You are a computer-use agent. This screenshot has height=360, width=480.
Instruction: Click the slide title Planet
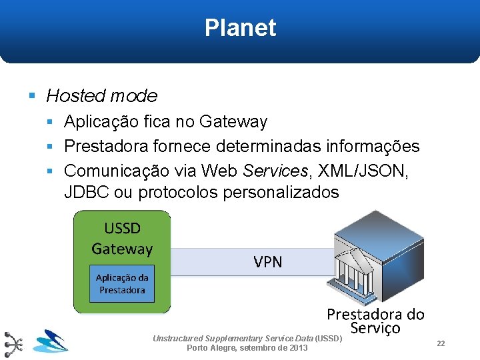point(240,28)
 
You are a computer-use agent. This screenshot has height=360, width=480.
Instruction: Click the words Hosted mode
point(101,96)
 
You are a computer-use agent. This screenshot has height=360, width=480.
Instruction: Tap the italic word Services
point(275,171)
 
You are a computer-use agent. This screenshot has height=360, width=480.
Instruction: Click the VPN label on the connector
point(267,262)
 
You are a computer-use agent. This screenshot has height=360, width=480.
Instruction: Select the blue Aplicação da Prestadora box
point(122,284)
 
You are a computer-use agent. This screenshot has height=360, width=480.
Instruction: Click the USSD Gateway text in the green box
point(122,239)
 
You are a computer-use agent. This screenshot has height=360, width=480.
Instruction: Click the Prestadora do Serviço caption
point(375,321)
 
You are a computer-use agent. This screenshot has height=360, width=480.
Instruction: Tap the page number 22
point(441,343)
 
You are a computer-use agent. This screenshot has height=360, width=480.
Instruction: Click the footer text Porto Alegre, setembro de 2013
point(247,348)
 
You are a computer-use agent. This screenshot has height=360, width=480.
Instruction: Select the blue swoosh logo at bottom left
point(51,341)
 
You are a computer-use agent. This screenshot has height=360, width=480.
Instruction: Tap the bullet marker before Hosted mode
point(33,96)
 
